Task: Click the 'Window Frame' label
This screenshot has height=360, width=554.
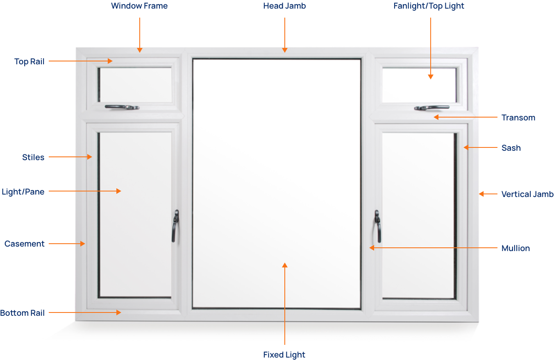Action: [x=139, y=6]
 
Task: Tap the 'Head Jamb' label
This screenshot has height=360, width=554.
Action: [x=284, y=6]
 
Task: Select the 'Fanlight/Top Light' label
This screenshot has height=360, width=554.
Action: [x=429, y=6]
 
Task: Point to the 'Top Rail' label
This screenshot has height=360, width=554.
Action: [x=29, y=61]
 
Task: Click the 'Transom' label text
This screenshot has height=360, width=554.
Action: [x=518, y=118]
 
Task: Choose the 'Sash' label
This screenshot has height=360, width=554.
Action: [x=511, y=148]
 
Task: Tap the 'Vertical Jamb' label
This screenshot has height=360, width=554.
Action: [x=527, y=194]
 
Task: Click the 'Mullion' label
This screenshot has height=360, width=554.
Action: [x=515, y=248]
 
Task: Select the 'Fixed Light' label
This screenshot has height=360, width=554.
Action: [x=284, y=355]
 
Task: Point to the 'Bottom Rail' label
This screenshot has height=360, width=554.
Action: [x=22, y=313]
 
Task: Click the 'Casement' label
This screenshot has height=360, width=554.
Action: [x=24, y=244]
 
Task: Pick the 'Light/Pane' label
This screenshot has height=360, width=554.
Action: [x=23, y=192]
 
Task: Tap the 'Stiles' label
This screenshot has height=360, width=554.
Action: [x=33, y=157]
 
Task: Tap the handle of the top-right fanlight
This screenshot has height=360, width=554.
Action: [x=431, y=108]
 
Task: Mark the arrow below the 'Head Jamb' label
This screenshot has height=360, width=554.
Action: [x=284, y=35]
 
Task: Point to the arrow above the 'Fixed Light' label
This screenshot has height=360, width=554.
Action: [x=284, y=303]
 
